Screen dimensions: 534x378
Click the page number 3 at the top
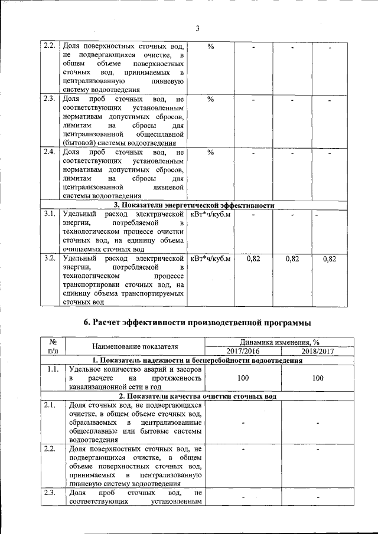pos(198,28)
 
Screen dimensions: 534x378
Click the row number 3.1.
pos(49,213)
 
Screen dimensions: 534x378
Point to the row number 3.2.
pos(49,258)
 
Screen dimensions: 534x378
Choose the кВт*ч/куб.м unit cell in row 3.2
pos(210,258)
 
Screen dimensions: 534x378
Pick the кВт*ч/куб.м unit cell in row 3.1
pos(210,214)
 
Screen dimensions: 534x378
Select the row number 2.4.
pos(49,152)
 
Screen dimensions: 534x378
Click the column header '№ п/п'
pos(52,346)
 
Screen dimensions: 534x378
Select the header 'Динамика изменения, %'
pos(279,342)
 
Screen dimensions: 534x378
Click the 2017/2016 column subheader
pos(243,351)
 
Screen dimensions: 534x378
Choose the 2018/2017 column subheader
pos(317,351)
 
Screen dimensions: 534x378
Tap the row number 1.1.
pos(52,369)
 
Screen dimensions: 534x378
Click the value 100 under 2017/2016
pos(243,378)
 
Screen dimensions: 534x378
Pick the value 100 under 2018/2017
pos(317,378)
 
